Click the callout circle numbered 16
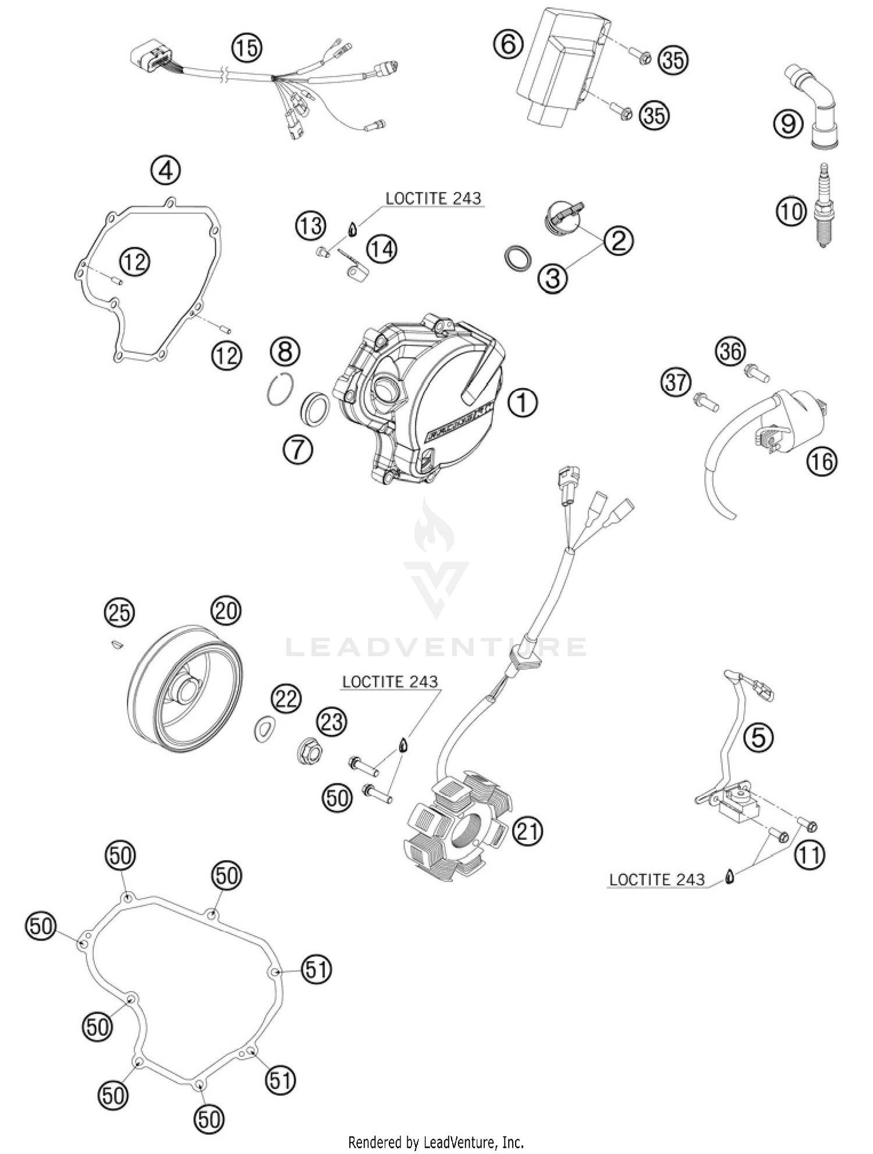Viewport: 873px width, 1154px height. click(821, 461)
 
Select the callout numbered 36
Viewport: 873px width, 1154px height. click(730, 351)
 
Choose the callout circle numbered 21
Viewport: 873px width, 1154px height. click(527, 832)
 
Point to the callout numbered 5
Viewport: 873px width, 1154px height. click(758, 738)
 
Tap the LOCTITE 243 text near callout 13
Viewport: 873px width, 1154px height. click(434, 198)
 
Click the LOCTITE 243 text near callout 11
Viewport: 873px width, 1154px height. click(656, 879)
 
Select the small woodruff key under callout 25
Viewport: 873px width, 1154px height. click(116, 644)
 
